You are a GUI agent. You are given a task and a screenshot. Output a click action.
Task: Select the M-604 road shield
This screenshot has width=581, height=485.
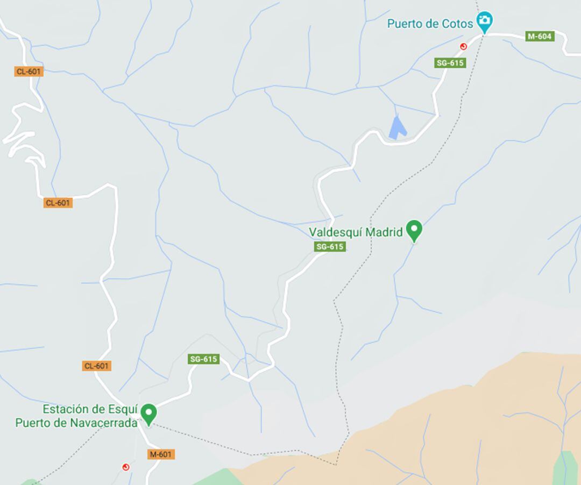coord(539,37)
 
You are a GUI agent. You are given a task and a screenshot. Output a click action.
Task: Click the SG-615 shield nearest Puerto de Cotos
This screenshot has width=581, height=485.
coord(450,63)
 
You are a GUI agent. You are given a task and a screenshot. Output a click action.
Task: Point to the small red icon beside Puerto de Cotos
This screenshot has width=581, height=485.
coord(463,47)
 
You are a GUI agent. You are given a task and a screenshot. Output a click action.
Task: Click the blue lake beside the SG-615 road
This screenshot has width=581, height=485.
coord(397,128)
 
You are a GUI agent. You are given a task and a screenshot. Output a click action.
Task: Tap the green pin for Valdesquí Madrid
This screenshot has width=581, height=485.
coord(414,231)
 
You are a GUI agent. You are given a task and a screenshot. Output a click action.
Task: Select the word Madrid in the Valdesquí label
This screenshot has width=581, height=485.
coord(384,232)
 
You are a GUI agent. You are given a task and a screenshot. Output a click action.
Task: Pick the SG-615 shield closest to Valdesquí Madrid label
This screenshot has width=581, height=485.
coord(330,247)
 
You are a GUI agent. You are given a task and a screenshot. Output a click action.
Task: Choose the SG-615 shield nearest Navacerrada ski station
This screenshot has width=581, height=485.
coord(204,359)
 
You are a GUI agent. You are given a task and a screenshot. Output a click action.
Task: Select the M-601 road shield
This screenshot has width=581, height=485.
coord(161,454)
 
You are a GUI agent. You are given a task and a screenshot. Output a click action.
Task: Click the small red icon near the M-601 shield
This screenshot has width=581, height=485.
coord(126,467)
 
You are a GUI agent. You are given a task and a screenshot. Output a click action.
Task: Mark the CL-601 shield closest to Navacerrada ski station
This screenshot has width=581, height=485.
coord(96,366)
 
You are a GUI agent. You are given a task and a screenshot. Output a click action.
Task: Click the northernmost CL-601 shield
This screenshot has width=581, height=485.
coord(29,72)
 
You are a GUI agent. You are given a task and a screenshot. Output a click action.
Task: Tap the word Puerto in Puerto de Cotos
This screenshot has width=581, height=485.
coord(404,24)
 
